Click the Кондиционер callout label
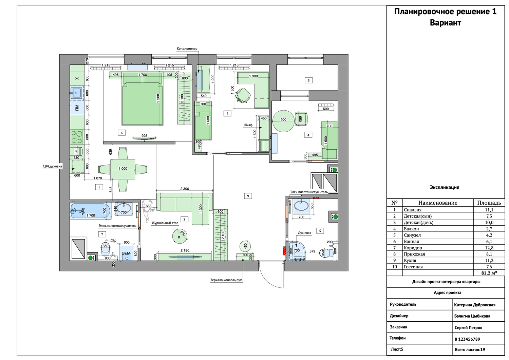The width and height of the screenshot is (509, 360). tap(187, 49)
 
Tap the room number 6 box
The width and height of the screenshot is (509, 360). tap(121, 133)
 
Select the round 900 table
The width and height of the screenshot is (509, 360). tap(283, 121)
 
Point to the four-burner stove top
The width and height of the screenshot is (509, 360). tap(77, 137)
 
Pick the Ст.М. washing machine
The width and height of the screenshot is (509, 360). tap(127, 253)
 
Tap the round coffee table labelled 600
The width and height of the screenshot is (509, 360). tap(180, 236)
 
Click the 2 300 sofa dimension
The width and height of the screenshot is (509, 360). tap(185, 189)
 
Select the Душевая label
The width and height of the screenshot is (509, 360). tap(304, 233)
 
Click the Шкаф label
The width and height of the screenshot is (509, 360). tap(248, 125)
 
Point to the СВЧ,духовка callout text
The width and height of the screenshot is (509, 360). tap(52, 166)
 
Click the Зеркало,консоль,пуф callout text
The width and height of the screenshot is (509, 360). tap(226, 280)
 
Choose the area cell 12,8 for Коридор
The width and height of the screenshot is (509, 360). tap(489, 248)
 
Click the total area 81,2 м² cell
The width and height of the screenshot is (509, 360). tap(489, 273)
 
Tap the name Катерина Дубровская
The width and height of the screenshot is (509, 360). tap(475, 305)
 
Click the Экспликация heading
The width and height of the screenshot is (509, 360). tap(445, 188)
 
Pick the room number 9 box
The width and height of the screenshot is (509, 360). tap(248, 196)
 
